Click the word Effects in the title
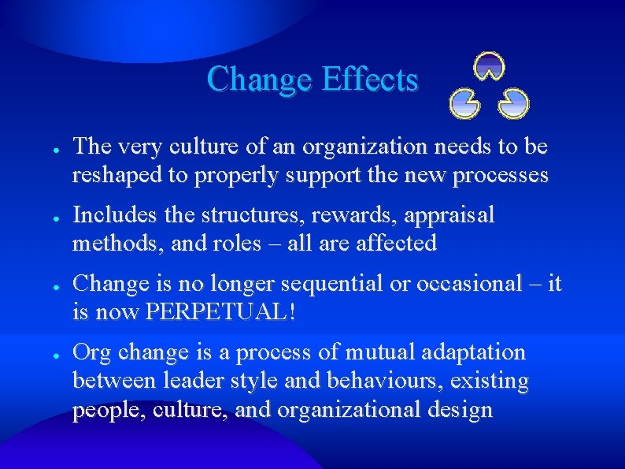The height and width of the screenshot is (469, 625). pos(369,80)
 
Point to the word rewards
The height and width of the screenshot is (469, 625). pos(358,215)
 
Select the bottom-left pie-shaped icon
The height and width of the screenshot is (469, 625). pos(464,103)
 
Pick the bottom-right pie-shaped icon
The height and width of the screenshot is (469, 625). pos(515,103)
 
